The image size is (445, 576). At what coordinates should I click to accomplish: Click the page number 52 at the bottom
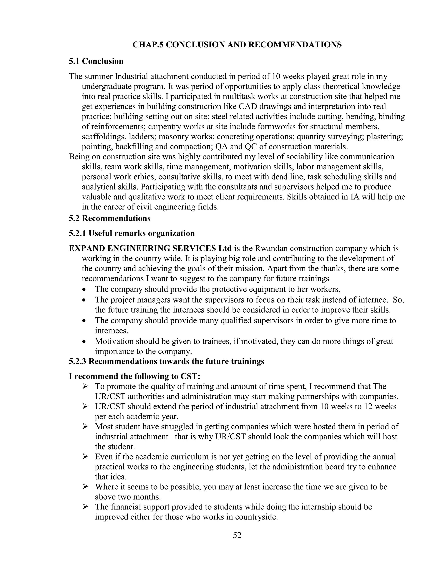tap(237, 535)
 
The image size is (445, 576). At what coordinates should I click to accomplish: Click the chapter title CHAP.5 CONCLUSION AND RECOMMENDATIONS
tap(237, 45)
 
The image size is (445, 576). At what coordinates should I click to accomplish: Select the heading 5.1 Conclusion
tap(96, 61)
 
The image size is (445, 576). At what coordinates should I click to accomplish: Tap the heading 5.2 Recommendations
tap(110, 218)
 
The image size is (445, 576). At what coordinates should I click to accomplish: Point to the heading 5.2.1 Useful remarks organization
tap(132, 233)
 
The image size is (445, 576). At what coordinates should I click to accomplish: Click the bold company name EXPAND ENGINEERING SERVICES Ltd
tap(150, 248)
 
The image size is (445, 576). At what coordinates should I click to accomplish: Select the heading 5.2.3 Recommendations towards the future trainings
tap(166, 361)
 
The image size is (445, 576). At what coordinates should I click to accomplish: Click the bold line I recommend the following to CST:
tap(134, 376)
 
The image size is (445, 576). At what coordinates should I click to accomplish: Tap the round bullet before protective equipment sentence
tap(84, 290)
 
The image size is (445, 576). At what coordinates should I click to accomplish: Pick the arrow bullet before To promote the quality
tap(85, 387)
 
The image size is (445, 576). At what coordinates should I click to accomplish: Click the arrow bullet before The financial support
tap(85, 507)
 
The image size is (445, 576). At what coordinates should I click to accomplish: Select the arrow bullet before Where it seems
tap(85, 487)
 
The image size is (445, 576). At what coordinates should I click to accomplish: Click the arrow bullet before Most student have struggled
tap(85, 427)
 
